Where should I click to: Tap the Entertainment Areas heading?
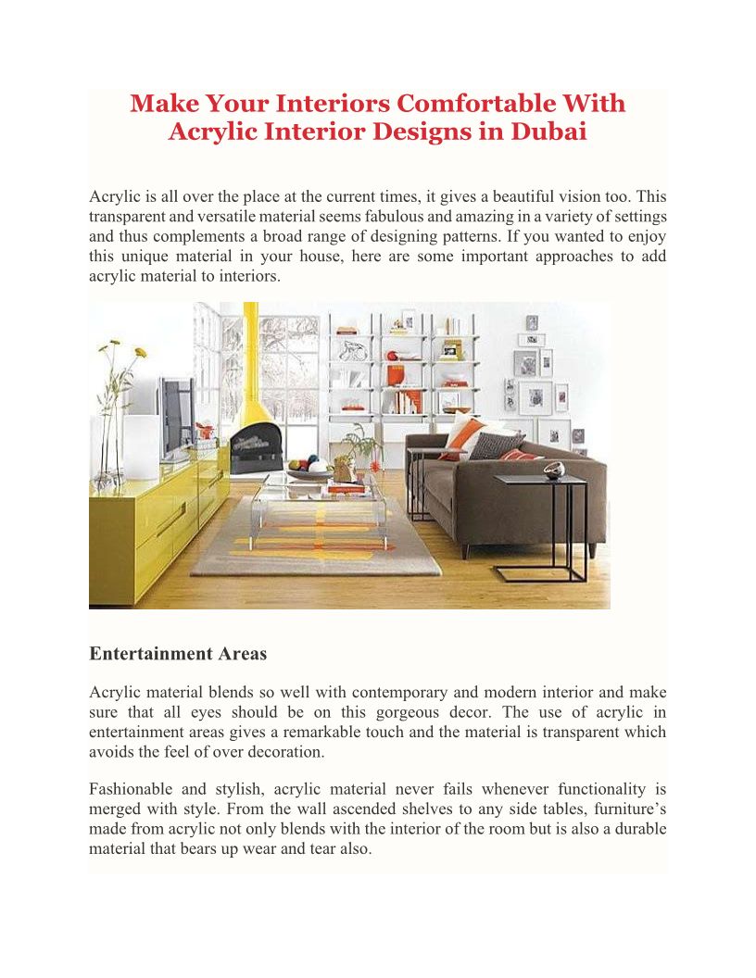[x=178, y=654]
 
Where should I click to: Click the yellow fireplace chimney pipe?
[x=250, y=361]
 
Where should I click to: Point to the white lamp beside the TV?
[x=142, y=445]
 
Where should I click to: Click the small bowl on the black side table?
[x=554, y=470]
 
